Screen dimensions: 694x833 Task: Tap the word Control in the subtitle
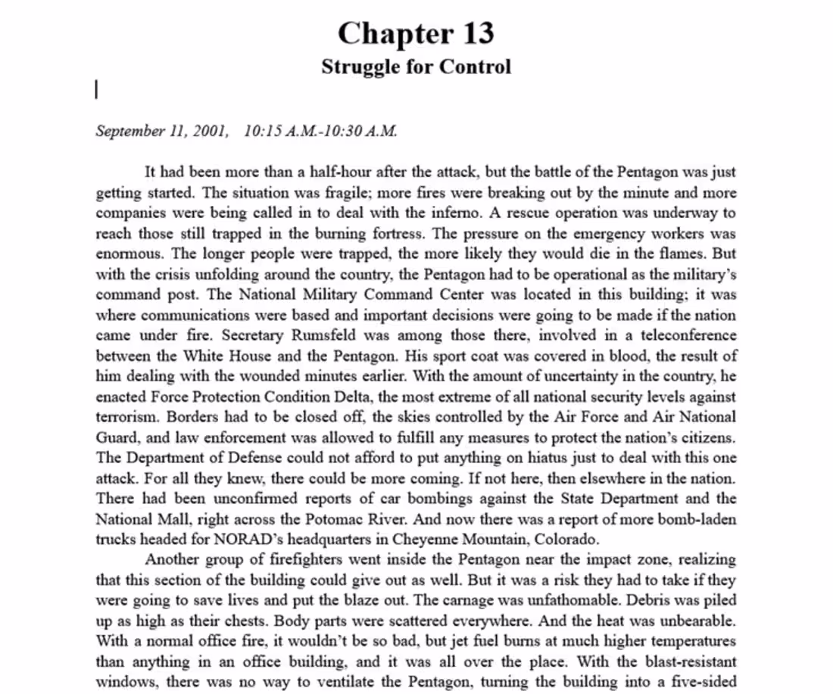476,67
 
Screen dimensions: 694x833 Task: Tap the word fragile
344,193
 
